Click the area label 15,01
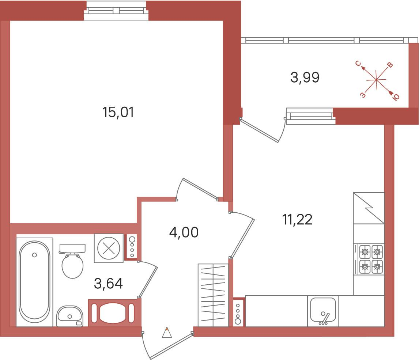point(118,112)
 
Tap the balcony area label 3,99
point(305,78)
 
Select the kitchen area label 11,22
point(297,220)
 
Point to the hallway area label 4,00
point(184,232)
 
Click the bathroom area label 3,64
point(108,284)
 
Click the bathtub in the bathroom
point(34,282)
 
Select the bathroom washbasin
point(70,316)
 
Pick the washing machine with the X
point(109,249)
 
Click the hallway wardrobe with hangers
point(213,295)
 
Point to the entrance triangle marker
point(167,333)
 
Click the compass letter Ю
point(396,97)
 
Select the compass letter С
point(358,63)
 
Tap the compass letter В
point(390,65)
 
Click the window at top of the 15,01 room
point(116,11)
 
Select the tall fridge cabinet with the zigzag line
point(369,208)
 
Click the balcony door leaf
point(260,131)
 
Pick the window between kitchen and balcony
point(310,116)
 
